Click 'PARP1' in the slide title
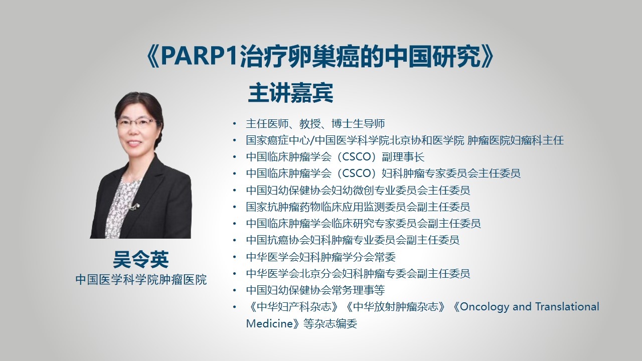[x=200, y=57]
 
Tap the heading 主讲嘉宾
[x=290, y=93]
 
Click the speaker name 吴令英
[x=141, y=260]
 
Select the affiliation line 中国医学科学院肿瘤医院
[x=141, y=280]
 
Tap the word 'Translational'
[x=567, y=306]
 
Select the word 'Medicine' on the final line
[x=269, y=324]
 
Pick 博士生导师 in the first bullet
[x=358, y=124]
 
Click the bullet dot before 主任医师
[x=235, y=124]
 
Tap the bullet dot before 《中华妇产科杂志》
[x=235, y=307]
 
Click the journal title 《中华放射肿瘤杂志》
[x=396, y=307]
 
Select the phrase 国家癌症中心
[x=278, y=140]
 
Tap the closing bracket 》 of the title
[x=488, y=57]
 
